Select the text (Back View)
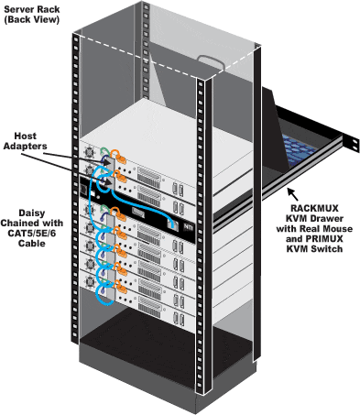pyautogui.click(x=32, y=19)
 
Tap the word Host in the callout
pyautogui.click(x=26, y=136)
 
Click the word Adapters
pyautogui.click(x=26, y=146)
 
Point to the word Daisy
pyautogui.click(x=32, y=213)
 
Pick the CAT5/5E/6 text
pyautogui.click(x=32, y=234)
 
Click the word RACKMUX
pyautogui.click(x=314, y=208)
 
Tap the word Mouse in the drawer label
pyautogui.click(x=338, y=229)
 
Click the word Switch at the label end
pyautogui.click(x=327, y=249)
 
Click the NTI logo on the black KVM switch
pyautogui.click(x=187, y=227)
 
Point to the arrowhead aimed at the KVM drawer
pyautogui.click(x=290, y=192)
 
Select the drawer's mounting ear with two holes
pyautogui.click(x=354, y=144)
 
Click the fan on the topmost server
pyautogui.click(x=89, y=151)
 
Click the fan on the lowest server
pyautogui.click(x=90, y=281)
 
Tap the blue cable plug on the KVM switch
pyautogui.click(x=173, y=224)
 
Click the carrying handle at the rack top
pyautogui.click(x=211, y=61)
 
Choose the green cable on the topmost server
pyautogui.click(x=105, y=151)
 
